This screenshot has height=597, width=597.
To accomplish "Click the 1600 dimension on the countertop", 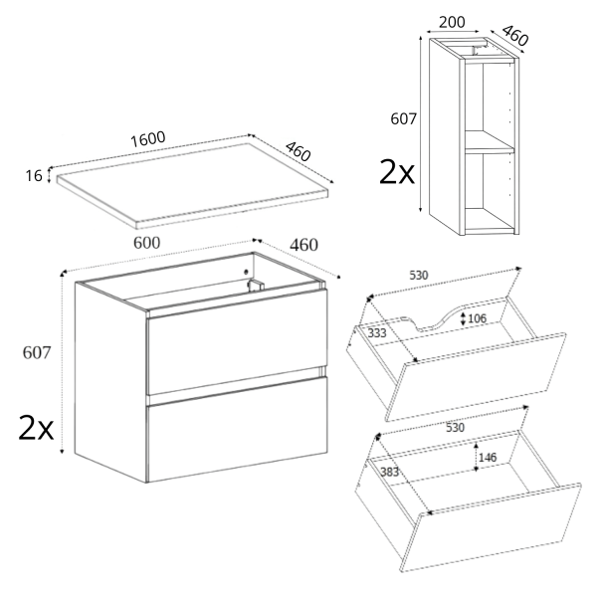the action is (x=147, y=139).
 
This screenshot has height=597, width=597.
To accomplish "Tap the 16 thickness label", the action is (x=34, y=176).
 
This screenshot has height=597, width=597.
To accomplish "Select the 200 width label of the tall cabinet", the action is (x=452, y=23).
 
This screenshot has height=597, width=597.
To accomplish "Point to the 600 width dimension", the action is (x=147, y=243).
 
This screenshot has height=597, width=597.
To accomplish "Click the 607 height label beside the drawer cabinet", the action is (x=37, y=353).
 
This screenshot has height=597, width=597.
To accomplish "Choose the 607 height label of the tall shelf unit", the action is (x=404, y=119).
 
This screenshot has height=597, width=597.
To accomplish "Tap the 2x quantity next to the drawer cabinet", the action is (x=36, y=428).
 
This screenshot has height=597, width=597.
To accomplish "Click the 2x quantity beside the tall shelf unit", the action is (x=397, y=172).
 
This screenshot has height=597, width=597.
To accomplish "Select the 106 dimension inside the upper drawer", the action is (x=477, y=318).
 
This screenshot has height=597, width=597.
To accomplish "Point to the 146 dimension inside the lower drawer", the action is (x=488, y=457).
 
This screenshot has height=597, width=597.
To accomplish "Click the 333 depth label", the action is (x=377, y=333).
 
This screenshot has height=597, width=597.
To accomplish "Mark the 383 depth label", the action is (x=389, y=472).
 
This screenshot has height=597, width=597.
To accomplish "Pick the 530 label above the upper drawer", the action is (x=419, y=276).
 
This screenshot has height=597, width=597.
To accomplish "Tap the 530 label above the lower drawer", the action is (x=455, y=428).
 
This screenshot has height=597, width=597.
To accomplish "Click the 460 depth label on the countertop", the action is (x=298, y=151).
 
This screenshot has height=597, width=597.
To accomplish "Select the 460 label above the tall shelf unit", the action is (x=514, y=35).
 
